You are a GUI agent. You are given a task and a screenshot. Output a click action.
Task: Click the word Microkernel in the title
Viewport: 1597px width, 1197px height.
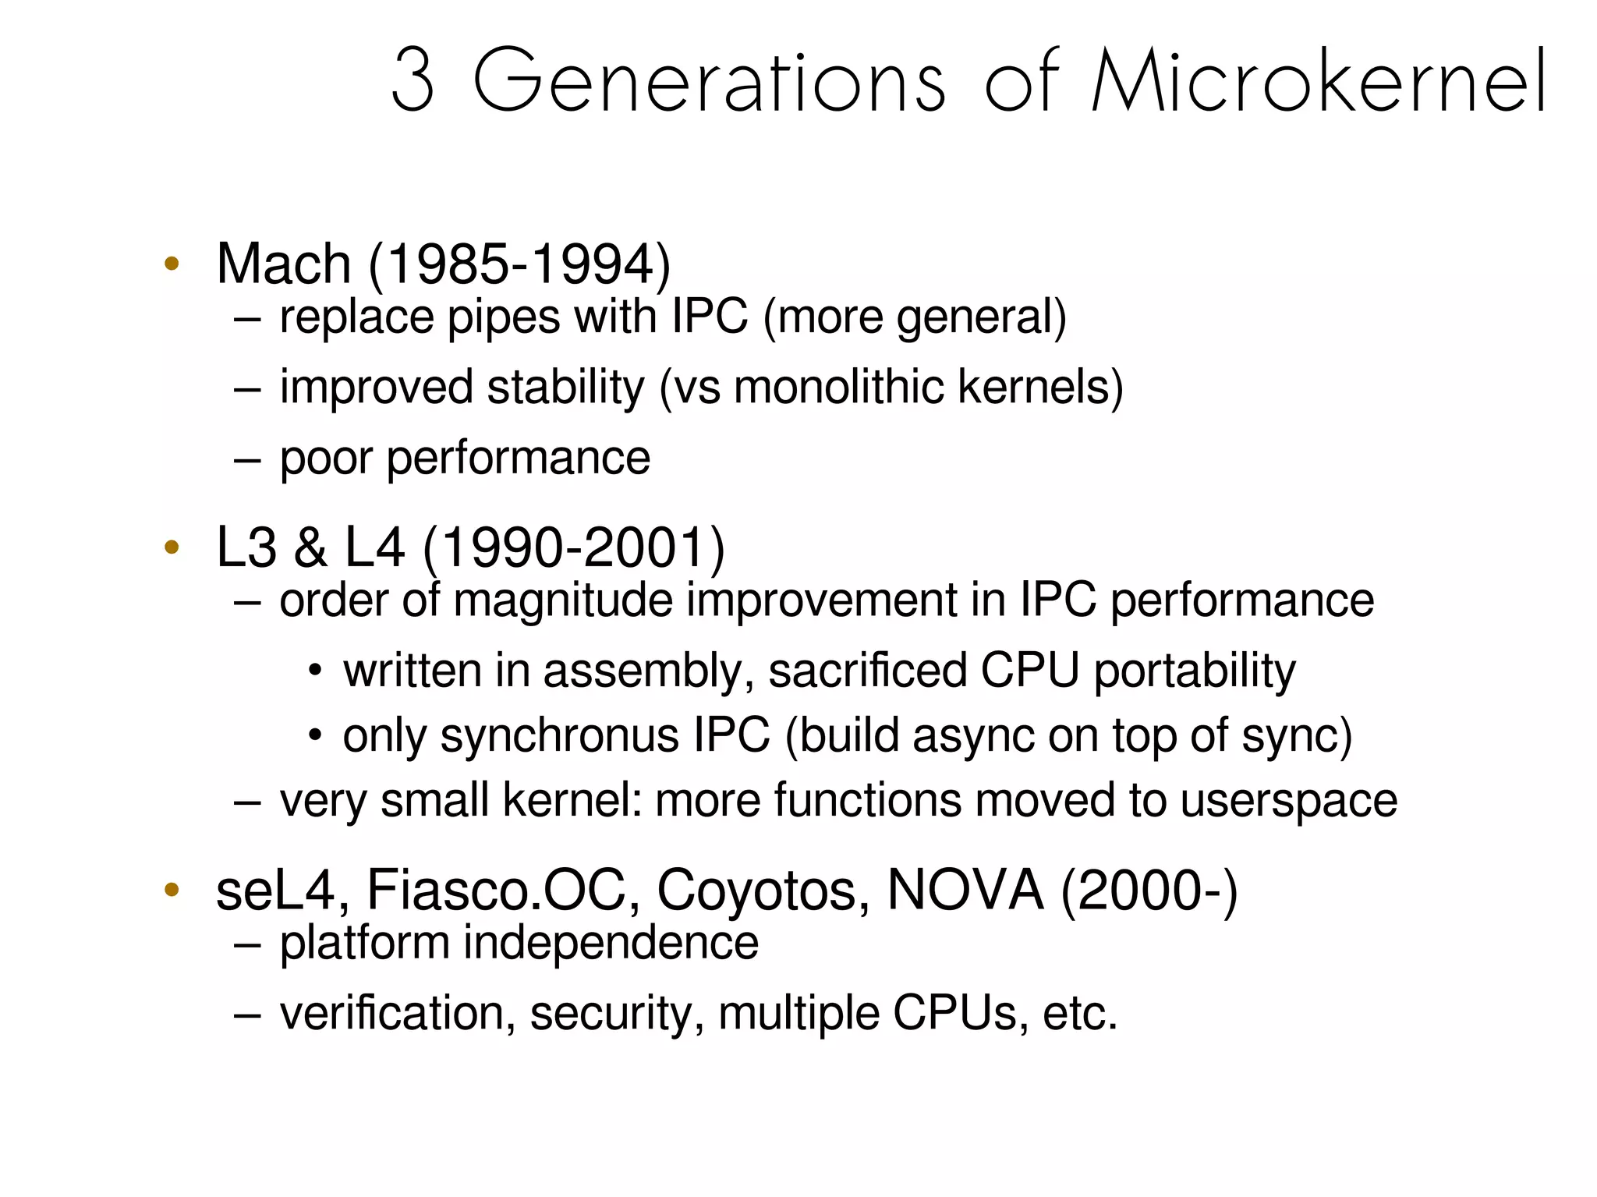(1319, 80)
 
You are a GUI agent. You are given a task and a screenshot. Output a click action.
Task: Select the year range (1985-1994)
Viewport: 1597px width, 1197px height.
(519, 264)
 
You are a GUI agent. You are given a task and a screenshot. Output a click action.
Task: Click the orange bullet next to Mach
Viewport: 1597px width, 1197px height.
(172, 263)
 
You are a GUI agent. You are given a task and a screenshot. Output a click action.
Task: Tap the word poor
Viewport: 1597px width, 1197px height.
(326, 459)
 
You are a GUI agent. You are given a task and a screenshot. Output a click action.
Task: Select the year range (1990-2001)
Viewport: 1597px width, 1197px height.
(574, 547)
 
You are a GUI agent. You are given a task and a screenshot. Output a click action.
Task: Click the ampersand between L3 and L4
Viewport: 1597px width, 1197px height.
(310, 547)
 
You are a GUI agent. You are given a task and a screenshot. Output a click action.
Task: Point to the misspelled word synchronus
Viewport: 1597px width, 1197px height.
(559, 736)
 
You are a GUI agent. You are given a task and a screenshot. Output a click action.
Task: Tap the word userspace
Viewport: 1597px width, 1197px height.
(1288, 801)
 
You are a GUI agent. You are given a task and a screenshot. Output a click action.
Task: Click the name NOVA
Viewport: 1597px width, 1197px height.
(965, 890)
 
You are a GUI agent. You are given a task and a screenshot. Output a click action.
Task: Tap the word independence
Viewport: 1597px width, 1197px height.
(611, 943)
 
